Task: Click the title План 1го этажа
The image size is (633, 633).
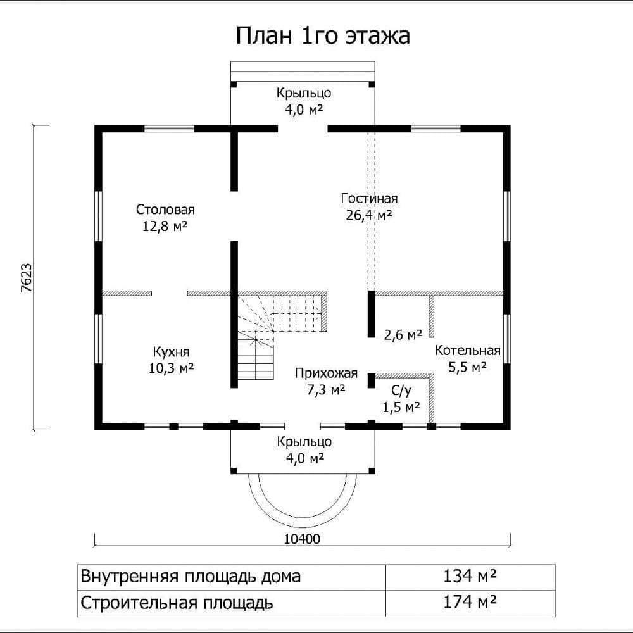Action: tap(323, 35)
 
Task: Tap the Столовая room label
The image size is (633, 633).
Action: tap(165, 210)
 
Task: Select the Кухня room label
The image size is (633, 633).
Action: tap(171, 352)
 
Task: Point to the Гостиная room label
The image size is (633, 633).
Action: tap(370, 198)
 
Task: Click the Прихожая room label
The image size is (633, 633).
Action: tap(326, 373)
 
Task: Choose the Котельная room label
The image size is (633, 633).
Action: tap(468, 351)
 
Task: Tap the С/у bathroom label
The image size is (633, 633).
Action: tap(401, 391)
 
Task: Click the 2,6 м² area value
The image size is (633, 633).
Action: tap(403, 334)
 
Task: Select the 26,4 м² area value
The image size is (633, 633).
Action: tap(369, 215)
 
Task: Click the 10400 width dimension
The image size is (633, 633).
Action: tap(302, 539)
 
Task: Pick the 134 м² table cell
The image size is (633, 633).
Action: tap(470, 576)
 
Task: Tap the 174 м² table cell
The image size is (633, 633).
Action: tap(470, 603)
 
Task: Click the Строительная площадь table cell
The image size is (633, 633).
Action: tap(232, 603)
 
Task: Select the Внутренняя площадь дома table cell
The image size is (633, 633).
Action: tap(232, 576)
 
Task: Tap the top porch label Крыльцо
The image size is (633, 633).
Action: tap(304, 93)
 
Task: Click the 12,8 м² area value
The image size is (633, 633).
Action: tap(165, 226)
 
